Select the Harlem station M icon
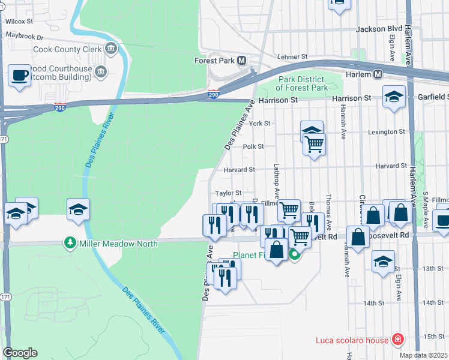tap(378, 74)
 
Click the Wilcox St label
tap(19, 21)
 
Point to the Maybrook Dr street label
tap(25, 36)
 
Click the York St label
tap(260, 123)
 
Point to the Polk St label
tap(253, 146)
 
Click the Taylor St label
tap(228, 193)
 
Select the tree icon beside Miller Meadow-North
tap(70, 244)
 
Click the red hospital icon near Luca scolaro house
tap(397, 340)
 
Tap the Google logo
tap(20, 353)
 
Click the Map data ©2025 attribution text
tap(424, 355)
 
